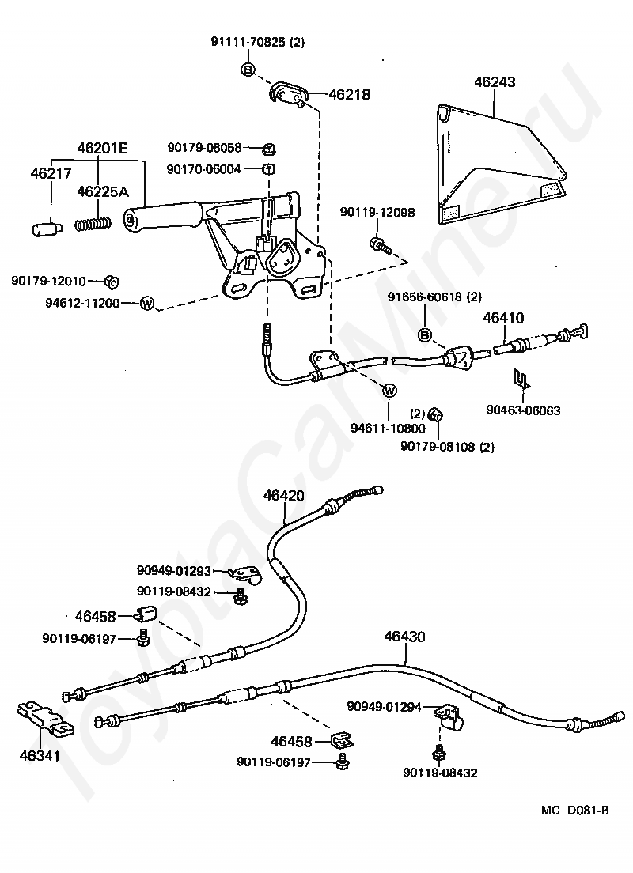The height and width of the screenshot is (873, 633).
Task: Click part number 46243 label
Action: [x=495, y=82]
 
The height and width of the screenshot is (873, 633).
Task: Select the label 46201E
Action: [x=102, y=148]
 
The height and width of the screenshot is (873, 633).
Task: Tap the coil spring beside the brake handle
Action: [x=93, y=225]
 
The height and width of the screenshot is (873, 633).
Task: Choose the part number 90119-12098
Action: [x=377, y=212]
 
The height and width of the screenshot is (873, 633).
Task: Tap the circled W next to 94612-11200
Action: [x=146, y=303]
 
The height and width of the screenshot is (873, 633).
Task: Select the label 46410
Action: [x=504, y=318]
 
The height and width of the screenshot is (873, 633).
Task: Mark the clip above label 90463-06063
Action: [x=521, y=379]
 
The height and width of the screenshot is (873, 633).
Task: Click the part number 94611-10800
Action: [x=388, y=428]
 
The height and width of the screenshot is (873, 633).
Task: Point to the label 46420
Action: [x=283, y=495]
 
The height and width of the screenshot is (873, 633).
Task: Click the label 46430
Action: [x=404, y=636]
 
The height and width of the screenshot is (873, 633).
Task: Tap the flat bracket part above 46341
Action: [x=44, y=720]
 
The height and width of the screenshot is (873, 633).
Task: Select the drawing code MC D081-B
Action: [x=575, y=810]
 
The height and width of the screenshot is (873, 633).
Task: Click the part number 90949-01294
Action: [x=384, y=706]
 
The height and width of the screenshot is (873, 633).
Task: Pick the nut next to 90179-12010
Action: [x=112, y=282]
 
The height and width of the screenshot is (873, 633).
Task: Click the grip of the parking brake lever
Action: [x=161, y=215]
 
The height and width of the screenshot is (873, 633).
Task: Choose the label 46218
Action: [x=350, y=94]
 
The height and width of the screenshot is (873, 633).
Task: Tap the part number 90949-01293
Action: [x=174, y=571]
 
